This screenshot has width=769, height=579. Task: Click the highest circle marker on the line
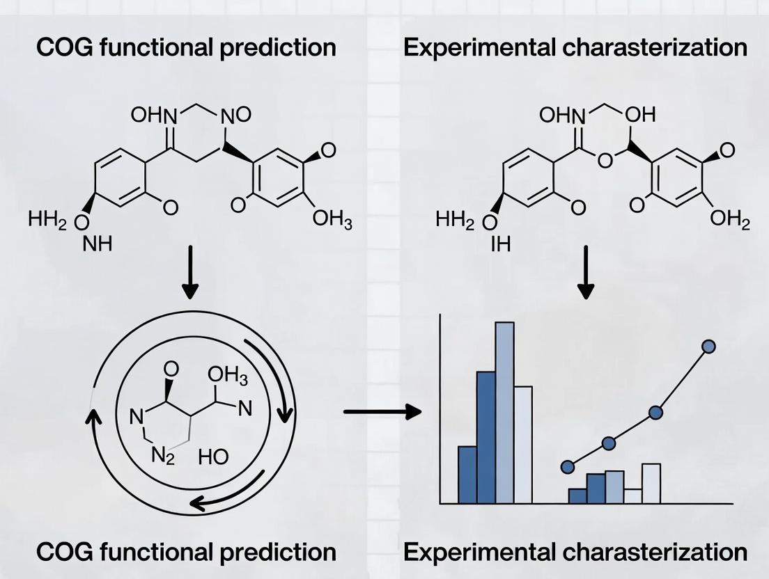click(709, 346)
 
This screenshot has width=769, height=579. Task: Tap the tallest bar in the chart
click(504, 412)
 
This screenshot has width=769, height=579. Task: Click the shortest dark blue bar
click(577, 495)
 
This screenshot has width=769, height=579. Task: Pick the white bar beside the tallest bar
click(522, 444)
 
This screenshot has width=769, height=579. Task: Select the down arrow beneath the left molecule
click(189, 280)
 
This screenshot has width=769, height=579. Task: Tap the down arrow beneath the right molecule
click(587, 280)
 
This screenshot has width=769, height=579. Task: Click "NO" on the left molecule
click(237, 114)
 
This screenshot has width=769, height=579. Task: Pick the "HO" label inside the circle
click(213, 457)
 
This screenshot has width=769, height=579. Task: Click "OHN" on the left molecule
click(152, 114)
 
